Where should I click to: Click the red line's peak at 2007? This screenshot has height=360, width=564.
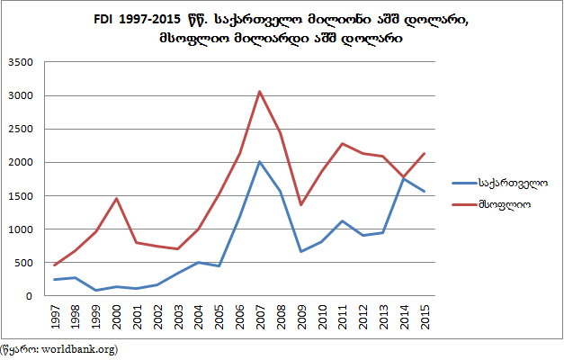[x=259, y=92]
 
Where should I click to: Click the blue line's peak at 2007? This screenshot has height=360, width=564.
[x=259, y=162]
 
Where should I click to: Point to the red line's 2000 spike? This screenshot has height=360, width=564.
[x=117, y=198]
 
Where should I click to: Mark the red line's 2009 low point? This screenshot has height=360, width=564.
[x=301, y=205]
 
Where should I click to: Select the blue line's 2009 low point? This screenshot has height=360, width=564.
[x=301, y=251]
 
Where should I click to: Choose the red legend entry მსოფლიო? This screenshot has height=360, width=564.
[x=504, y=205]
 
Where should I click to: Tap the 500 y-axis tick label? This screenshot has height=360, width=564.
[x=25, y=263]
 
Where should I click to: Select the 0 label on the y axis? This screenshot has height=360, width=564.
[x=31, y=296]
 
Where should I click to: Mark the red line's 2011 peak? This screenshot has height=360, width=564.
[x=342, y=144]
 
